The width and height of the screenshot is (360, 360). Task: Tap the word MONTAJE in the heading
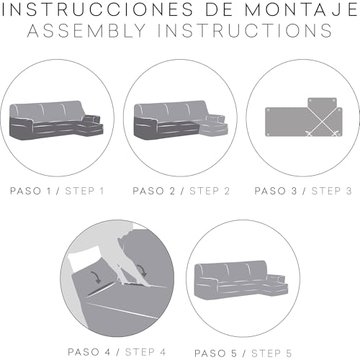(301, 9)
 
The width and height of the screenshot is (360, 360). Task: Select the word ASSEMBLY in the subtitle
(87, 30)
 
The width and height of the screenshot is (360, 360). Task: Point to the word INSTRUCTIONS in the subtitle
(245, 30)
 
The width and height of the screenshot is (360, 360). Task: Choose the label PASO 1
(30, 191)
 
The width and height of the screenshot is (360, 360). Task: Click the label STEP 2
(210, 191)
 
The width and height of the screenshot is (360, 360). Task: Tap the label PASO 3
(276, 191)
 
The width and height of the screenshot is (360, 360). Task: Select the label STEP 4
(145, 352)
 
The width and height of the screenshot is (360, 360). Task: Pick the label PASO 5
(215, 354)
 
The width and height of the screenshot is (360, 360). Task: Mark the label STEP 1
(84, 191)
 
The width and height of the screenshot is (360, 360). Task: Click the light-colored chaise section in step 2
(213, 125)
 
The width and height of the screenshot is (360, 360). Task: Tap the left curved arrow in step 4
(96, 277)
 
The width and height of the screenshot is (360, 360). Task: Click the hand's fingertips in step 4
(125, 284)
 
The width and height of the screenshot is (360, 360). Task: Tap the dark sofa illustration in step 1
(56, 121)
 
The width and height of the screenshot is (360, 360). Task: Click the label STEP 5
(271, 354)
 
